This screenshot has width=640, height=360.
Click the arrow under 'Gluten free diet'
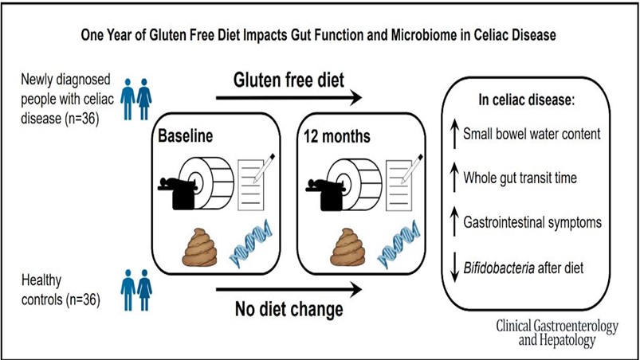pos(289,97)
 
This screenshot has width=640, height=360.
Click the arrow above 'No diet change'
pos(289,289)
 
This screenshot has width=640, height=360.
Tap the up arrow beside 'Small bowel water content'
pos(454,133)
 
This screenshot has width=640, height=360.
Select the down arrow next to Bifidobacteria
pos(454,268)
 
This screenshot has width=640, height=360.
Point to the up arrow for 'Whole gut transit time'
pos(454,178)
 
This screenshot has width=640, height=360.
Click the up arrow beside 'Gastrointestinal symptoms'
pos(454,222)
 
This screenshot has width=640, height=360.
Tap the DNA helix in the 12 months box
pos(399,245)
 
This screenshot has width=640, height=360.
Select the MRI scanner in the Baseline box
pos(196,183)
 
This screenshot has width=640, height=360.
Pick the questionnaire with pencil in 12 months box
pos(403,182)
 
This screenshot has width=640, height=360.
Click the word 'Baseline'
pos(186,135)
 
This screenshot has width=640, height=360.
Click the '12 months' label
pos(336,136)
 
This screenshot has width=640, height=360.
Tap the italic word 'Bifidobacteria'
pos(499,268)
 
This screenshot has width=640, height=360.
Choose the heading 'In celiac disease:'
pos(527,100)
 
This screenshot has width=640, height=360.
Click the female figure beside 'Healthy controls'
pos(144,290)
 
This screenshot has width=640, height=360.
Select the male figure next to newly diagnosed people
pos(128,99)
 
